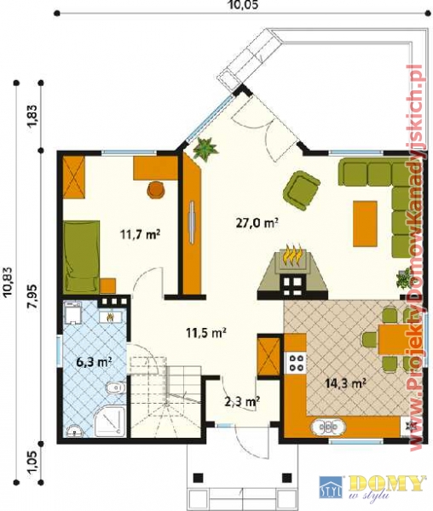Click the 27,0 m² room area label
click(x=257, y=223)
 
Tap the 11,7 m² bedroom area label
click(x=140, y=234)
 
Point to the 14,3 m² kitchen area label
click(x=345, y=383)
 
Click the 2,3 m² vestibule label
click(x=242, y=401)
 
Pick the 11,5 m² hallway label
click(x=206, y=333)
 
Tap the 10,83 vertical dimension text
click(x=9, y=281)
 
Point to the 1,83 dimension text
click(x=33, y=117)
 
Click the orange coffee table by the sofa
click(x=365, y=223)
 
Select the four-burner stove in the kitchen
click(x=296, y=363)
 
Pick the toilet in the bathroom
click(x=115, y=388)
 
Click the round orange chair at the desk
click(x=156, y=190)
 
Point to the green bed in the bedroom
click(x=82, y=255)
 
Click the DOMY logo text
click(x=387, y=485)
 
